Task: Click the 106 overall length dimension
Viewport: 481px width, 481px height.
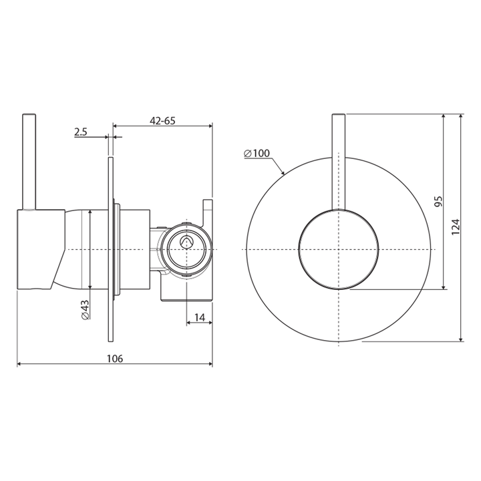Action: [x=114, y=358]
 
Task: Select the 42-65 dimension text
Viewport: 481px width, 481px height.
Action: [x=162, y=121]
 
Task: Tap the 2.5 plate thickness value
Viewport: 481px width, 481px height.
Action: [x=81, y=132]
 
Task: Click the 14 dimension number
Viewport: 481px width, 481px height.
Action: [x=198, y=317]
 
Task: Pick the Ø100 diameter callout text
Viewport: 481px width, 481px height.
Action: [x=257, y=154]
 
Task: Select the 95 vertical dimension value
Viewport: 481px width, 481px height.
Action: [x=438, y=202]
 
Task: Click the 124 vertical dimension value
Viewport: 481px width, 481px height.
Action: [x=456, y=228]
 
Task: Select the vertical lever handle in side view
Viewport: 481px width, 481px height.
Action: [x=28, y=160]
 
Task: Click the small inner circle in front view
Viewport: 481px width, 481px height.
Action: [x=339, y=249]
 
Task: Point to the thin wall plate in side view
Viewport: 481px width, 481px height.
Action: [x=110, y=249]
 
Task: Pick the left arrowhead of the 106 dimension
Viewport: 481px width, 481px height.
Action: [x=19, y=365]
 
